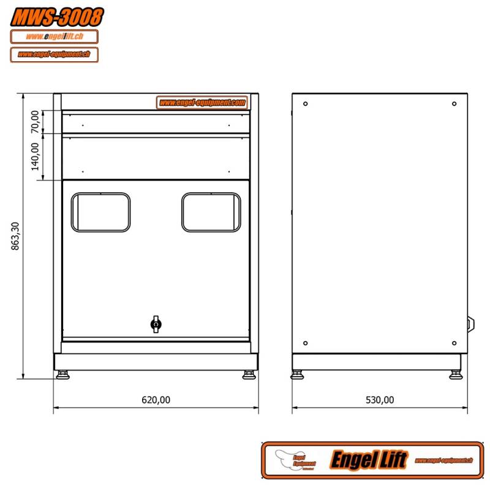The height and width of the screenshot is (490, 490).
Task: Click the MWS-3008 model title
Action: click(x=56, y=17)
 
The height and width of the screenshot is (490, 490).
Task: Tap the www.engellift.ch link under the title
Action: click(x=55, y=37)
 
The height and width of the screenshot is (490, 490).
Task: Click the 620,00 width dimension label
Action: click(x=156, y=400)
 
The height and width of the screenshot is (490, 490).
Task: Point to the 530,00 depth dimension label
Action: click(x=380, y=400)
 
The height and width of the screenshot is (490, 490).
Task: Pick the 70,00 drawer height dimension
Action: click(x=35, y=121)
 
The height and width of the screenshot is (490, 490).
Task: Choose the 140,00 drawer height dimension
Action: click(x=35, y=156)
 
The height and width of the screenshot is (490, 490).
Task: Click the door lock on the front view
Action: click(x=156, y=324)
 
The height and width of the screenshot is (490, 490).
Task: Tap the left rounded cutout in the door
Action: click(x=101, y=213)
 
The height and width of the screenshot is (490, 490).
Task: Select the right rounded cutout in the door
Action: click(x=211, y=213)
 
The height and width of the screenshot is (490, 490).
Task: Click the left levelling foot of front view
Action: click(x=64, y=374)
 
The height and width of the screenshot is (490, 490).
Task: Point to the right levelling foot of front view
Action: click(x=249, y=374)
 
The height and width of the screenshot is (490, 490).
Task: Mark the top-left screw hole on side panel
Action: click(x=305, y=104)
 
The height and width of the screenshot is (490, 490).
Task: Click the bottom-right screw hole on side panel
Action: click(x=454, y=343)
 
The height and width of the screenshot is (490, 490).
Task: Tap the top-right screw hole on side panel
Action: click(x=454, y=104)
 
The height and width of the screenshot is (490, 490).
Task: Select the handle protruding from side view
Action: click(x=471, y=324)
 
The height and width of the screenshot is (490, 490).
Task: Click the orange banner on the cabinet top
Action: click(x=203, y=102)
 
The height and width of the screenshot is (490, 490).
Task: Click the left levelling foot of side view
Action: click(x=298, y=374)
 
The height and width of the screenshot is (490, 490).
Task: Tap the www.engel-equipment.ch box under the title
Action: click(x=55, y=54)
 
